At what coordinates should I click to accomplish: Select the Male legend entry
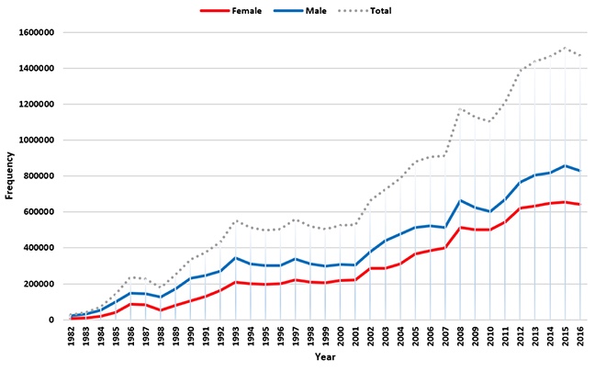tap(302, 11)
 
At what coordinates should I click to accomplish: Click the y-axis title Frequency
tap(10, 175)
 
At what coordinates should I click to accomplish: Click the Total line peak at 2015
tap(566, 48)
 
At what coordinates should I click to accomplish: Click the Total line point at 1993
tap(236, 220)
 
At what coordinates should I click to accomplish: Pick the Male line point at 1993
tap(236, 258)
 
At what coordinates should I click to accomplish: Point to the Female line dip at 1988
tap(161, 310)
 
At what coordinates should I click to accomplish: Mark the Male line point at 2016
tap(580, 171)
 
